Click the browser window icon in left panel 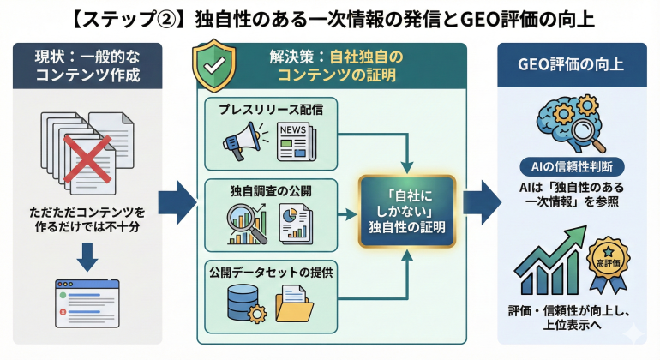[87, 298]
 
